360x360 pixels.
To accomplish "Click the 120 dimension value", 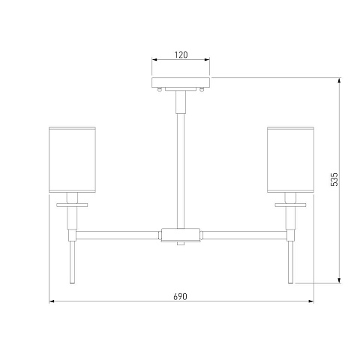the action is (x=181, y=55).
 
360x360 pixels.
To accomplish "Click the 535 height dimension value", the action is (x=334, y=179).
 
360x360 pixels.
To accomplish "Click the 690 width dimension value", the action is (x=180, y=297).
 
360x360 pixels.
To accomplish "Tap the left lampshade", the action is (x=72, y=160).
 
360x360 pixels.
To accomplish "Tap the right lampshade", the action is (x=290, y=160).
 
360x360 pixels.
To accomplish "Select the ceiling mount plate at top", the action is (x=181, y=82).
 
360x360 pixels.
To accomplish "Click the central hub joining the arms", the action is (x=181, y=235).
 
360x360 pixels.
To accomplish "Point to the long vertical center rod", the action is (x=181, y=171).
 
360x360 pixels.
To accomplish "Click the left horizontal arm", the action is (x=118, y=235).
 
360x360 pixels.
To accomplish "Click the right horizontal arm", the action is (x=244, y=235).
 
